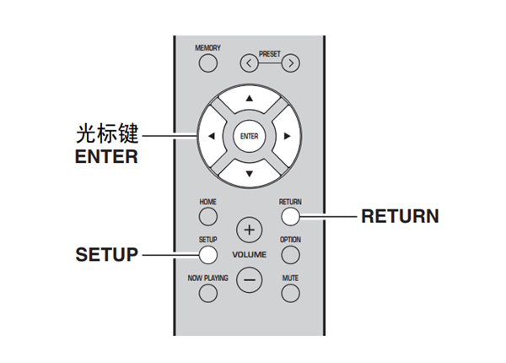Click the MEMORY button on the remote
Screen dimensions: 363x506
pyautogui.click(x=207, y=64)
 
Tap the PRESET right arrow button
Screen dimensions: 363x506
pyautogui.click(x=290, y=63)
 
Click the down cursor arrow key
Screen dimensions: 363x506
pyautogui.click(x=249, y=172)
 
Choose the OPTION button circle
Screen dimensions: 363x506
pyautogui.click(x=290, y=254)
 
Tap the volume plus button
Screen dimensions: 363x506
pyautogui.click(x=249, y=230)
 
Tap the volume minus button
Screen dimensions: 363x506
pyautogui.click(x=249, y=280)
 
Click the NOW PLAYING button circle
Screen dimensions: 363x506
pyautogui.click(x=207, y=293)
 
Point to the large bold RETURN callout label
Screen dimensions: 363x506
pyautogui.click(x=400, y=217)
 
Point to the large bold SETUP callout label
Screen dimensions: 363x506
pyautogui.click(x=106, y=255)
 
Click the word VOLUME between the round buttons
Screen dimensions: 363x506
pyautogui.click(x=249, y=255)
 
